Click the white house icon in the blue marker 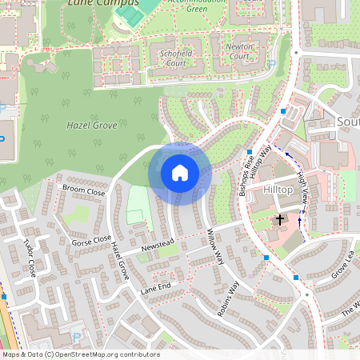click(x=180, y=172)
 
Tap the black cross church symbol click(x=280, y=218)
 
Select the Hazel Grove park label click(x=92, y=126)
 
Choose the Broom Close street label click(x=83, y=191)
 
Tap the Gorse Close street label click(x=91, y=240)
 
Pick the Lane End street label click(x=156, y=287)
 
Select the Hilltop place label click(x=279, y=190)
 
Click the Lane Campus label click(x=92, y=3)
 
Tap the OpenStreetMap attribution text click(x=80, y=354)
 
